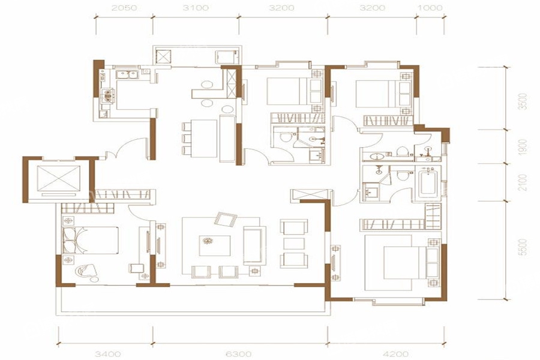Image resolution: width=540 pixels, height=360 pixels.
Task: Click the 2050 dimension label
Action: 124,8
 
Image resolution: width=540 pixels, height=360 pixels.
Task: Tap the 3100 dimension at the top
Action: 196,8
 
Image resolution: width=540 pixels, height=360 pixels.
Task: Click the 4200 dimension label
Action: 396,354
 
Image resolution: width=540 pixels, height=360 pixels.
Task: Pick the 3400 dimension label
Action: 108,354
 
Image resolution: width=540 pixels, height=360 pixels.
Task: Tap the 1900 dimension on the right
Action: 523,147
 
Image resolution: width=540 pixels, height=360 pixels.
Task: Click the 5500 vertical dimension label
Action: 523,247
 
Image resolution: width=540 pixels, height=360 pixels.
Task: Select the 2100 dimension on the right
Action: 523,182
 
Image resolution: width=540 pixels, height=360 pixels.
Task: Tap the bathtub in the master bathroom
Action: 427,182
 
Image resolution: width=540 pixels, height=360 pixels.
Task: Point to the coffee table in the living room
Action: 215,245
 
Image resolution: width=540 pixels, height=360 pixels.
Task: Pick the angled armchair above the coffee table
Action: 225,219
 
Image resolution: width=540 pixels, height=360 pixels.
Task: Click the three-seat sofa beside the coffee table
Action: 254,245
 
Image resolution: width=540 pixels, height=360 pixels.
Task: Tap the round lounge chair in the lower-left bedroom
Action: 86,271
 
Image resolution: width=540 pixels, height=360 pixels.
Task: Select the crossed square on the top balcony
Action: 163,56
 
